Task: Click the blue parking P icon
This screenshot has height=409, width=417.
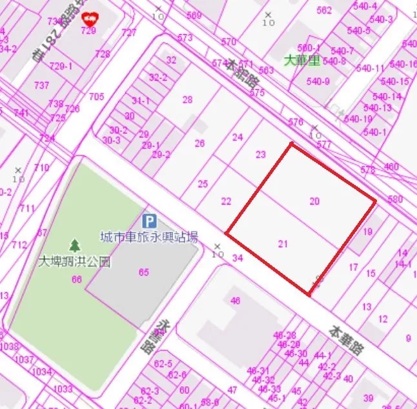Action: coord(148,221)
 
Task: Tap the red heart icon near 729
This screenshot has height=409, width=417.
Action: coord(88,19)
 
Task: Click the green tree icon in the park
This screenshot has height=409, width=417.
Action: coord(76,246)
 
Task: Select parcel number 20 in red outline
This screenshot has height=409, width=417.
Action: coord(314,201)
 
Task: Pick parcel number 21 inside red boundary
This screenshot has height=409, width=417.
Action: coord(283,243)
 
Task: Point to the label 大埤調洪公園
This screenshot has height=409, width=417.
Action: coord(74,262)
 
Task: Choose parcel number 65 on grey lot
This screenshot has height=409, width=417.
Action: coord(143,272)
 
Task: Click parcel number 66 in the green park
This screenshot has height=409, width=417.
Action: coord(77,279)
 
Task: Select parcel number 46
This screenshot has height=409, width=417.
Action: coord(235,301)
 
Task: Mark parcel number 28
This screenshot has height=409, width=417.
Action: coord(187,99)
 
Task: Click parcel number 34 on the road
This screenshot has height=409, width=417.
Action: coord(238,258)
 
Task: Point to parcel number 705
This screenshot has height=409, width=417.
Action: coord(96,97)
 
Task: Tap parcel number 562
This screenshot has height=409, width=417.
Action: coord(324,10)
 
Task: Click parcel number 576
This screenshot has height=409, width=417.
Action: coord(296,122)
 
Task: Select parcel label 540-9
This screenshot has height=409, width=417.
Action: coord(318,81)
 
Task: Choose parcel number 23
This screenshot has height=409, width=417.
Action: coord(261,155)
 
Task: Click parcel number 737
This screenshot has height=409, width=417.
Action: coord(41,86)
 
